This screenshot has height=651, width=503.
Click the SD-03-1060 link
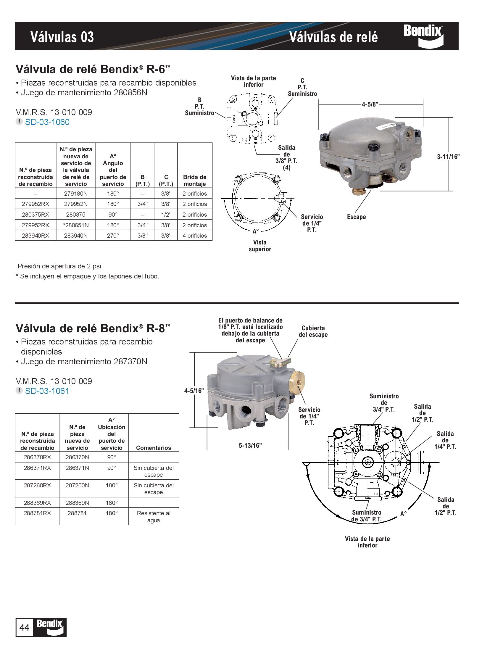(x=47, y=122)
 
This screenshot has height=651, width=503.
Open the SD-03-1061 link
(x=47, y=391)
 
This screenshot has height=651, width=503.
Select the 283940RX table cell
(x=36, y=236)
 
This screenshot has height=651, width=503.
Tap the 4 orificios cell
(x=195, y=236)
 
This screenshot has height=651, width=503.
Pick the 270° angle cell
(x=113, y=236)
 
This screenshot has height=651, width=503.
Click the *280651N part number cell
(x=76, y=225)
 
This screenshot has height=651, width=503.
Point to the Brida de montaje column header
(x=195, y=180)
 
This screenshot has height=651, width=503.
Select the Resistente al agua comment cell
(x=154, y=517)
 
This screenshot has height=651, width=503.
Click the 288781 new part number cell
(x=77, y=513)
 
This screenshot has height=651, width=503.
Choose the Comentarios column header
(x=154, y=448)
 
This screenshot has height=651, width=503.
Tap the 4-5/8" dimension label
(x=370, y=104)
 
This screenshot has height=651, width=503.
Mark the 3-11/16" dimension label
(x=448, y=157)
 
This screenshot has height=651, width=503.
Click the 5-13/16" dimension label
(x=250, y=445)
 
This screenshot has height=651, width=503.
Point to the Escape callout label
(x=356, y=217)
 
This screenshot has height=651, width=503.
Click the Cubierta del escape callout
(x=313, y=331)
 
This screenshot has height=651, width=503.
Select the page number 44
(x=24, y=627)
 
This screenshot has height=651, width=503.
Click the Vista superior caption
(x=260, y=246)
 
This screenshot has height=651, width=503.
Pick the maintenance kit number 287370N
(x=130, y=362)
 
